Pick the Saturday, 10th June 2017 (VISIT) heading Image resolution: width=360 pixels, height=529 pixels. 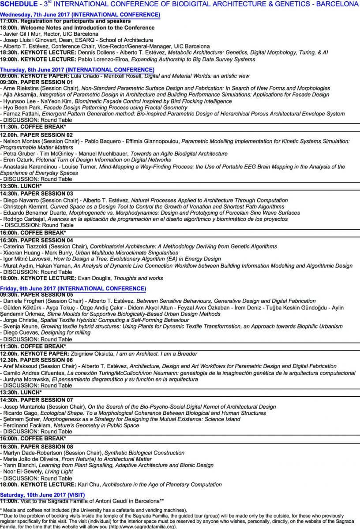click(x=49, y=495)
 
